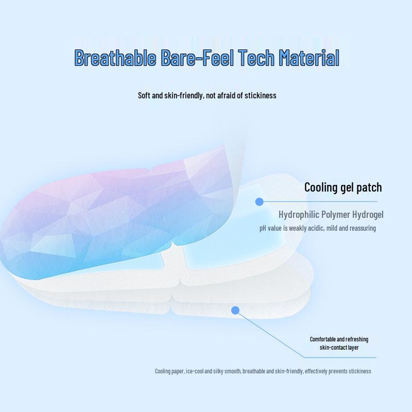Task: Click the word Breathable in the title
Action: point(115,57)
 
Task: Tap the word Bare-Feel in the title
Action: point(197,57)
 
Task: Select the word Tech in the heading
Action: point(256,57)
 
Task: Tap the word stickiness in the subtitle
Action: point(261,95)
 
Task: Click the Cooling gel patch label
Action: point(343,187)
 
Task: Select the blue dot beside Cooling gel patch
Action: point(260,202)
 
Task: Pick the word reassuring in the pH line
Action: point(363,228)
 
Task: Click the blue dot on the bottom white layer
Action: point(235,311)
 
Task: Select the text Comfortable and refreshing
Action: point(339,339)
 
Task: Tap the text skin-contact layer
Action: point(339,347)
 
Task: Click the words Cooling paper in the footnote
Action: point(169,371)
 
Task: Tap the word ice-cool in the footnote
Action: point(195,371)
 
